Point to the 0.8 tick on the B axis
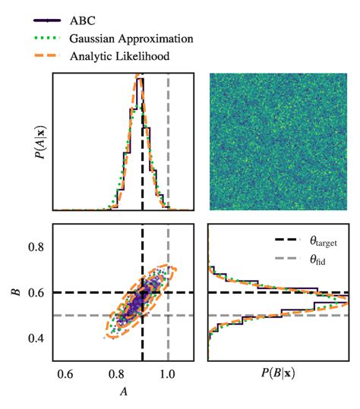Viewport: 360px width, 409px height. click(x=38, y=247)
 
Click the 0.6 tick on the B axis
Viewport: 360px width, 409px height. click(x=38, y=293)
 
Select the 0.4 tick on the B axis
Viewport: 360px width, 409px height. click(x=38, y=338)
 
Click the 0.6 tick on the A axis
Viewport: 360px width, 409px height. click(x=65, y=373)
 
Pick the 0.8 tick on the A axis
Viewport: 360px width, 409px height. click(x=116, y=373)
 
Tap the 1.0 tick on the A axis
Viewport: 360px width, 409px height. click(x=168, y=373)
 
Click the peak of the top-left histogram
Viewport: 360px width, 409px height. click(x=139, y=77)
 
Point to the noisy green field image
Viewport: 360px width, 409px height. click(x=279, y=141)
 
